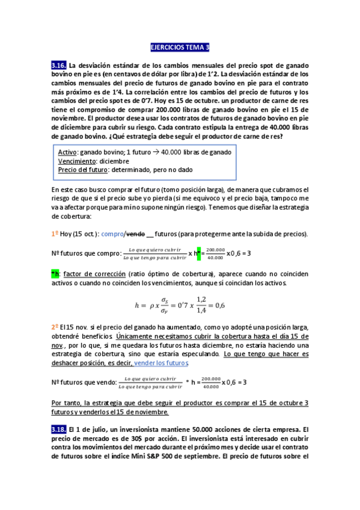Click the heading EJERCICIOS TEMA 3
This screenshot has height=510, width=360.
coord(180,47)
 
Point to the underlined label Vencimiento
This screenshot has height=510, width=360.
coord(77,162)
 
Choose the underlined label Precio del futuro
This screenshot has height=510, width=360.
coord(81,170)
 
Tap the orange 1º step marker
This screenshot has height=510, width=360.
coord(55,234)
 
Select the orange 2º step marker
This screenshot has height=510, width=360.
coord(55,327)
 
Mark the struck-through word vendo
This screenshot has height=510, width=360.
coord(136,234)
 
